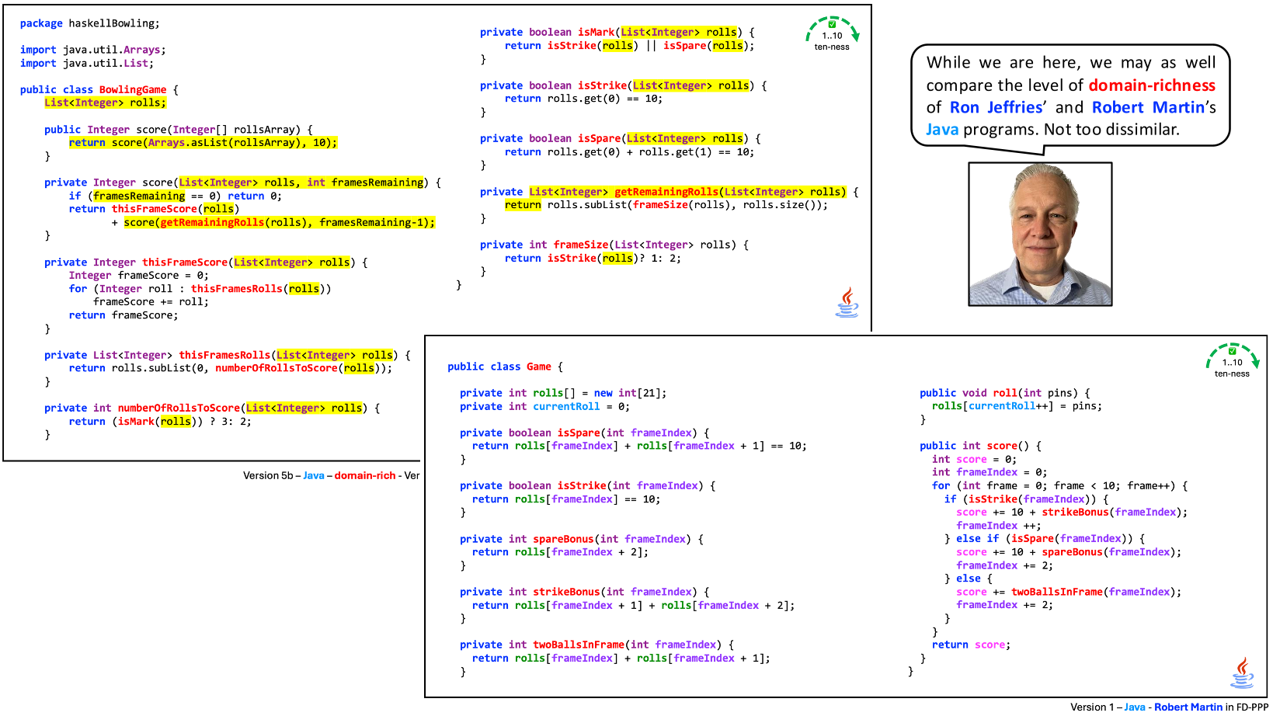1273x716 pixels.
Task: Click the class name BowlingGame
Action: [132, 89]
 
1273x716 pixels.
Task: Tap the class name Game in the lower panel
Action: [538, 367]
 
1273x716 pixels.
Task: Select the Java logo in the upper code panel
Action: [847, 302]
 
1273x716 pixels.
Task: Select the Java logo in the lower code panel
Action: [1242, 673]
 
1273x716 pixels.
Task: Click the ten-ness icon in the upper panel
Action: [832, 34]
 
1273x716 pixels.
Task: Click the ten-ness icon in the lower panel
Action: [1232, 361]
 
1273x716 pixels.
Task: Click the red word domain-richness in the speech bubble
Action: [1152, 85]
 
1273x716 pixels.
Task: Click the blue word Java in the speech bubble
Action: [941, 130]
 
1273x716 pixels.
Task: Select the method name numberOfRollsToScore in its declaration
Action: [179, 408]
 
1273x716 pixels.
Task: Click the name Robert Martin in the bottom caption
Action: [1188, 707]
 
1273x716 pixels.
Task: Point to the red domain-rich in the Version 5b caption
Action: [365, 475]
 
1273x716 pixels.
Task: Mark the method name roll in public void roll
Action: [1005, 393]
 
